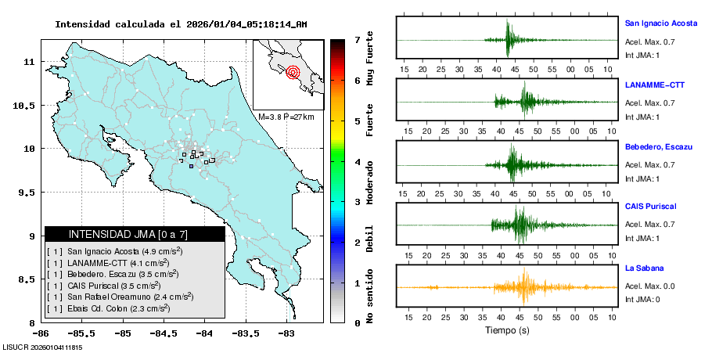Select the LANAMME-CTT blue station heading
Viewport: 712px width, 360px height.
click(655, 85)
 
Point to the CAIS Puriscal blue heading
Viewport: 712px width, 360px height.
click(650, 207)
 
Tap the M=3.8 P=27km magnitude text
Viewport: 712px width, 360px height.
click(286, 117)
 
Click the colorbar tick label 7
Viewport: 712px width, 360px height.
click(356, 39)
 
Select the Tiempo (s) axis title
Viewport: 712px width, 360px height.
click(506, 331)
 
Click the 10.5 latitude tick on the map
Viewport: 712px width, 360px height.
click(27, 105)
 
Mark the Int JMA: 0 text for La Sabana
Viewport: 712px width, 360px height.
click(642, 300)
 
